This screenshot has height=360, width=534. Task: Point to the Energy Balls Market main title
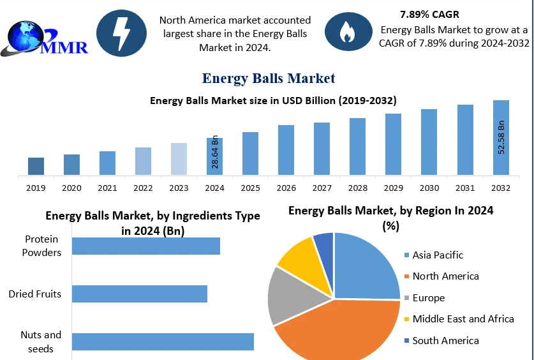tap(268, 78)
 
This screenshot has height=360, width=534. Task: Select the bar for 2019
tap(36, 166)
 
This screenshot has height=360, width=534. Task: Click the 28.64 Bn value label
tap(215, 151)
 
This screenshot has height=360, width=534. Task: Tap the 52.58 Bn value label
tap(501, 136)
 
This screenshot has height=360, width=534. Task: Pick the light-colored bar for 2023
tap(179, 158)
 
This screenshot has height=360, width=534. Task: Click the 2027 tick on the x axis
tap(322, 188)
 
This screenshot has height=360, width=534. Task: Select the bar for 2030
tap(429, 142)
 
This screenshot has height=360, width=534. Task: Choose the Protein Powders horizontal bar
tap(145, 246)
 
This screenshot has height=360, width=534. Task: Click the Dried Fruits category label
tap(35, 294)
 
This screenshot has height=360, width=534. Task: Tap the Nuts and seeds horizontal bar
tap(163, 341)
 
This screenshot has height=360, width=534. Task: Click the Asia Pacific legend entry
tap(437, 255)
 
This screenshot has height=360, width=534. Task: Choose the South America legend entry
tap(445, 340)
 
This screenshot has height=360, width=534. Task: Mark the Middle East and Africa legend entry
tap(463, 319)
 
